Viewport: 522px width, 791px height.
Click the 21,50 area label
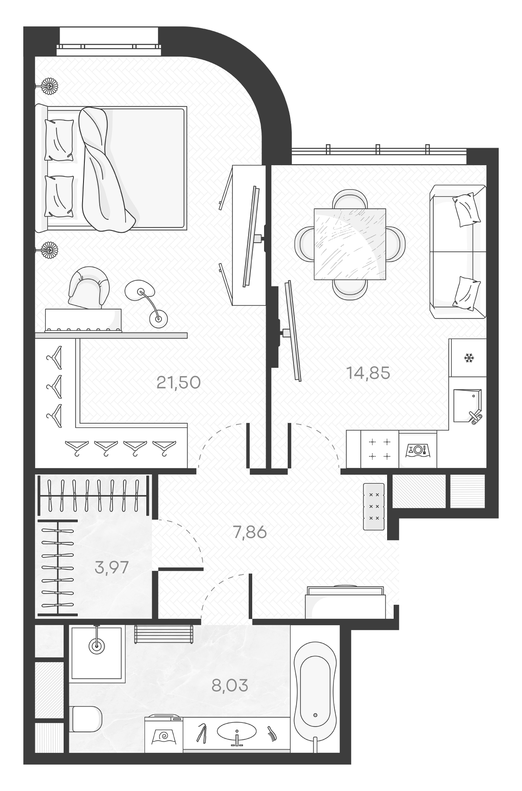[178, 383]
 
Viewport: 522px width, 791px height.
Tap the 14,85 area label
[368, 373]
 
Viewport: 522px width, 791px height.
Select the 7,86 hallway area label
[250, 533]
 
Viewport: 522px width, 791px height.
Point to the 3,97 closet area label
[112, 567]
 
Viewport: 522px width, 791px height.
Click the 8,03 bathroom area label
[230, 685]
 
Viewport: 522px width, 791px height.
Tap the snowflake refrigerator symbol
[469, 358]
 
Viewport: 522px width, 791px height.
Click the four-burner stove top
[380, 449]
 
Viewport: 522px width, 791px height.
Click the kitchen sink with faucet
[467, 406]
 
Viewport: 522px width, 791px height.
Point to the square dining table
[350, 244]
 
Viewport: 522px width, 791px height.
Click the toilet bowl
[86, 718]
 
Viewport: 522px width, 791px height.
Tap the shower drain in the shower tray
[96, 646]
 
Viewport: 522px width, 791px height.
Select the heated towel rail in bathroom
[163, 634]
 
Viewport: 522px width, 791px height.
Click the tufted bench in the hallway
[374, 506]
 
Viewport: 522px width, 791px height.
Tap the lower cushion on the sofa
[466, 291]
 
